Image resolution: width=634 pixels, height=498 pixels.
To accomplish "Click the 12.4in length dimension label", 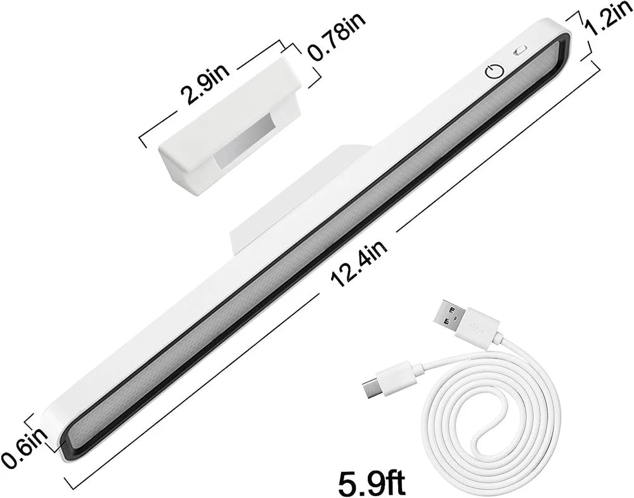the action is (x=359, y=264).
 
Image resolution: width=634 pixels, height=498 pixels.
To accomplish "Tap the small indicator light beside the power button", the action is (x=520, y=51).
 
